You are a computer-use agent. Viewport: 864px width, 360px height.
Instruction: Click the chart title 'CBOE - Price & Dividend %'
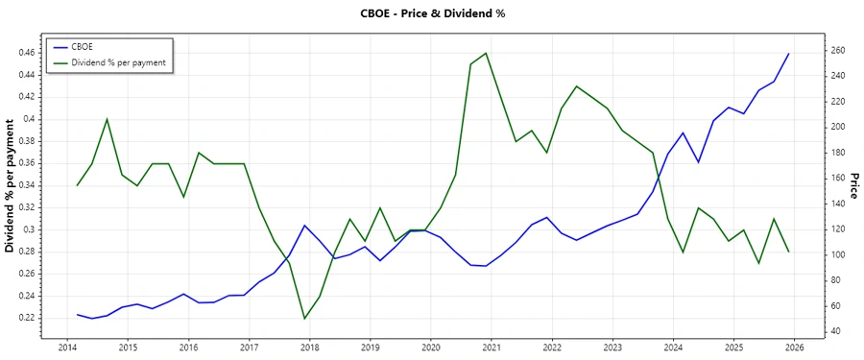tap(431, 13)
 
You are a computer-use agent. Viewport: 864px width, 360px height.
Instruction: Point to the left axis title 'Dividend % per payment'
tap(11, 186)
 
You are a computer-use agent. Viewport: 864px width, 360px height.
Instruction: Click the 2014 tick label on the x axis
tap(67, 347)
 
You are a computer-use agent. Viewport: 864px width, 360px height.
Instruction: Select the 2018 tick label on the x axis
tap(309, 347)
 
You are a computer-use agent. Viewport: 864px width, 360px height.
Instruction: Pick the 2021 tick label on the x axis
tap(491, 347)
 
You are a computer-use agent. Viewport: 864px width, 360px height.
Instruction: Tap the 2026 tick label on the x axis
tap(793, 347)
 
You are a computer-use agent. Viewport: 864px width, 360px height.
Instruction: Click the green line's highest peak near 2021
tap(486, 53)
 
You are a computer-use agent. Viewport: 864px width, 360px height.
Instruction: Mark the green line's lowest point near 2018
tap(304, 319)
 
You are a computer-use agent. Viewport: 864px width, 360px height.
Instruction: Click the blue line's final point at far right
tap(788, 54)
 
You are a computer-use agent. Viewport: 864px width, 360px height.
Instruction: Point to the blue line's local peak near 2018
tap(304, 226)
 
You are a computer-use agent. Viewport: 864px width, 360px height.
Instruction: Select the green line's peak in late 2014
tap(107, 119)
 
